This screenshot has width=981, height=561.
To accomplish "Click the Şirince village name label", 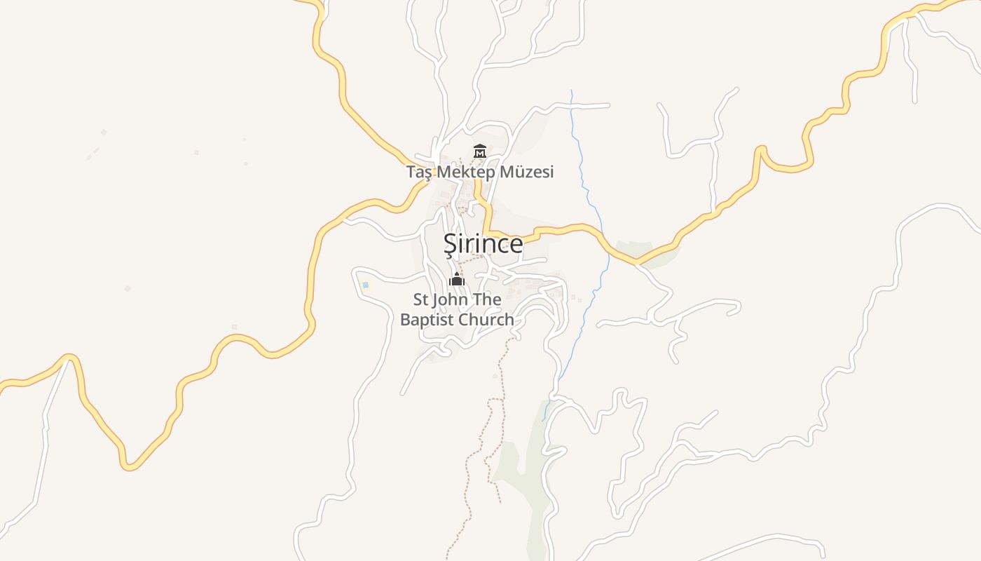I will pyautogui.click(x=483, y=243).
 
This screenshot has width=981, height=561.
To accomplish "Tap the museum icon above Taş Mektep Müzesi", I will pyautogui.click(x=480, y=151).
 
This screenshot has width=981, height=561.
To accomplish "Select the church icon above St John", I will pyautogui.click(x=457, y=279).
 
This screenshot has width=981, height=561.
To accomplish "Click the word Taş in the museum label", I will pyautogui.click(x=419, y=172).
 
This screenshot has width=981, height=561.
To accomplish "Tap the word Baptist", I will pyautogui.click(x=430, y=320).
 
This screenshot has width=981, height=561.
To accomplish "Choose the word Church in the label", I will pyautogui.click(x=488, y=320).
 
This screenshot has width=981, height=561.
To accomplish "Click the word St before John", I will pyautogui.click(x=420, y=300).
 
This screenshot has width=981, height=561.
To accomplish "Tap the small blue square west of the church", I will pyautogui.click(x=365, y=285).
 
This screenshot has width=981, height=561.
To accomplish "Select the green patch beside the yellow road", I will pyautogui.click(x=648, y=252).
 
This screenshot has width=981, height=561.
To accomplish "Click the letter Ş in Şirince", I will pyautogui.click(x=449, y=244).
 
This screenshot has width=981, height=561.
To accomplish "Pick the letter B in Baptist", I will pyautogui.click(x=405, y=320).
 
